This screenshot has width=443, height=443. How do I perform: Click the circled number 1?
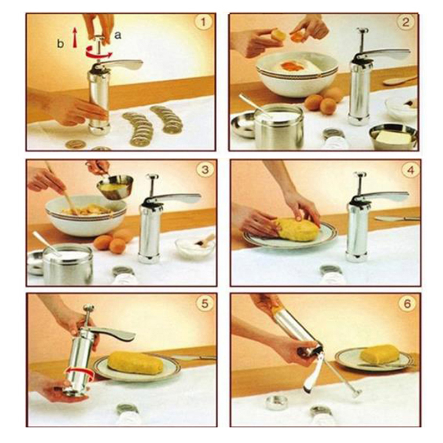pyautogui.click(x=203, y=22)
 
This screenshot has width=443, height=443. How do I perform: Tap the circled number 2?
pyautogui.click(x=406, y=22)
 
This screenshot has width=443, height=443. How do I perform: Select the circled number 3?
pyautogui.click(x=205, y=170)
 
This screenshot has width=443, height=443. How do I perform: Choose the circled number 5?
pyautogui.click(x=204, y=303)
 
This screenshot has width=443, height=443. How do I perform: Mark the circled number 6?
pyautogui.click(x=407, y=303)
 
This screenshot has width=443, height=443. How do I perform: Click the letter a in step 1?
pyautogui.click(x=118, y=35)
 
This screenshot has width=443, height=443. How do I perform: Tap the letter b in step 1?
pyautogui.click(x=60, y=44)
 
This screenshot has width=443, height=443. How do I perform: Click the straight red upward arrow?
pyautogui.click(x=75, y=37)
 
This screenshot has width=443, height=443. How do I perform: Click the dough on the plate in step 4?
pyautogui.click(x=298, y=229)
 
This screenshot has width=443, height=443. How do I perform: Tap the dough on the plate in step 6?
pyautogui.click(x=379, y=354)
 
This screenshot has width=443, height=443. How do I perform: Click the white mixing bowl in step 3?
pyautogui.click(x=86, y=215)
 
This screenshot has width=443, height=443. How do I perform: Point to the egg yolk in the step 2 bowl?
pyautogui.click(x=292, y=66)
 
